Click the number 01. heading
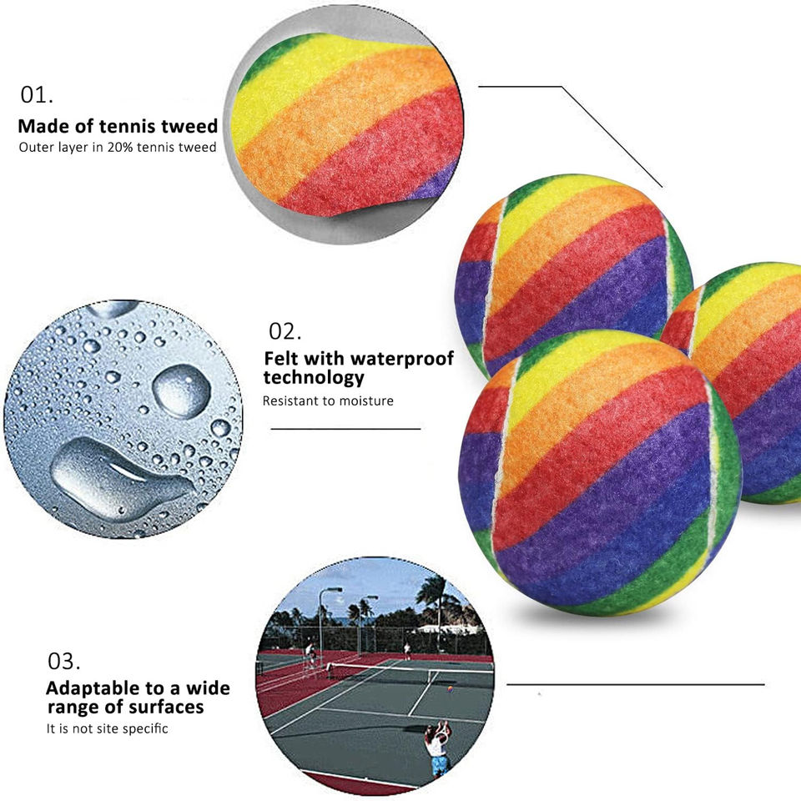click(x=37, y=95)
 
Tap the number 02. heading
click(x=285, y=331)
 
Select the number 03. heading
click(x=63, y=662)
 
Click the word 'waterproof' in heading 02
click(x=402, y=359)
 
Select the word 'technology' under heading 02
click(x=314, y=377)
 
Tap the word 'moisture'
click(x=365, y=400)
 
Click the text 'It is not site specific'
click(x=107, y=728)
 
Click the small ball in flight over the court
click(x=451, y=689)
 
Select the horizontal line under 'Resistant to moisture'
click(x=345, y=429)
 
